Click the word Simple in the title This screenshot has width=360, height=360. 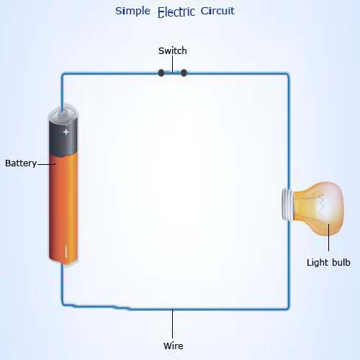pos(132,12)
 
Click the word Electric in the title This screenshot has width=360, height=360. pos(176,12)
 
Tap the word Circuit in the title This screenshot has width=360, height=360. pos(217,11)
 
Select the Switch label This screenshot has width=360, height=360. pos(173,50)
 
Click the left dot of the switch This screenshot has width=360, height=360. pos(161,73)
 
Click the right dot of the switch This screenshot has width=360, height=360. pos(184,73)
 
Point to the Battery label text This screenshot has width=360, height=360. pos(21,163)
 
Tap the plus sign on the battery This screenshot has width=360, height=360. pos(66,132)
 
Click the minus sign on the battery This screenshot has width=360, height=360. pos(66,251)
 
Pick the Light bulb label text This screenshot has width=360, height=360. pos(328,262)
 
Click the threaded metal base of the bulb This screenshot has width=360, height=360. pos(288,204)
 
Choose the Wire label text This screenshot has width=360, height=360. pos(174,346)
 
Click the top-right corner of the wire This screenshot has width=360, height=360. pos(288,74)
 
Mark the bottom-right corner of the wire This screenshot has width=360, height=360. pos(288,308)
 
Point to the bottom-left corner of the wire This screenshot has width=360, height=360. pos(63,305)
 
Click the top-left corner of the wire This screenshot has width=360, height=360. pos(63,74)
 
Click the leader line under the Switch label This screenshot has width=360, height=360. pos(172,64)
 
